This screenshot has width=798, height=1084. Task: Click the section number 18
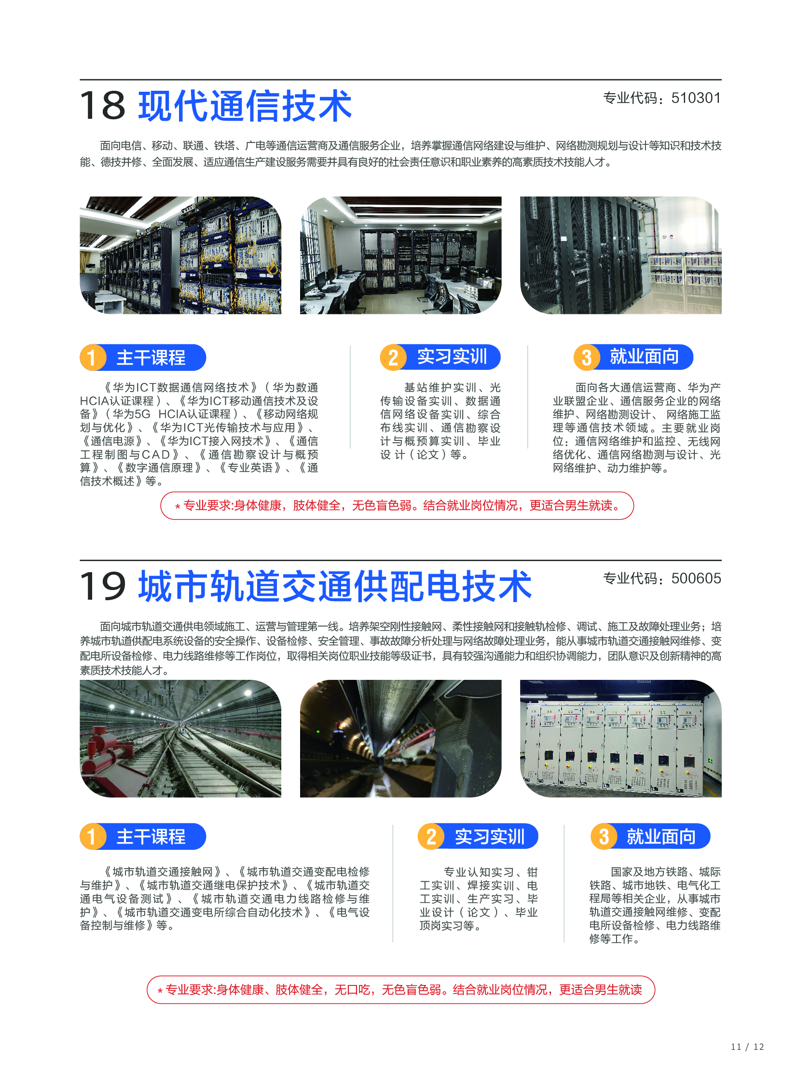click(102, 105)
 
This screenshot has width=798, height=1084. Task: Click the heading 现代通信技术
click(245, 105)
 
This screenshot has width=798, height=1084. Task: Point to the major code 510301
click(696, 98)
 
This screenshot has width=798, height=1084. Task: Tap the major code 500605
click(696, 578)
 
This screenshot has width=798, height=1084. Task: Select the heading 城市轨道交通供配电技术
click(335, 586)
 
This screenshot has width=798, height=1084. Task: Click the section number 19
click(102, 586)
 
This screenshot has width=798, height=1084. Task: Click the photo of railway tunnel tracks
click(180, 738)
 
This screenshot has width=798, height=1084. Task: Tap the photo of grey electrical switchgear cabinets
click(621, 738)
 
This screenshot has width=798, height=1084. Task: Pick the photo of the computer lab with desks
click(400, 255)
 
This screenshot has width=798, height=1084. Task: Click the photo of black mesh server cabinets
click(621, 255)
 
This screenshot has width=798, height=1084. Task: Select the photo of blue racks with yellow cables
click(180, 255)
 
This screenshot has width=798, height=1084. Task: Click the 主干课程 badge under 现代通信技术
click(143, 358)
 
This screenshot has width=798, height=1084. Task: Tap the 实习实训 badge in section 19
click(478, 836)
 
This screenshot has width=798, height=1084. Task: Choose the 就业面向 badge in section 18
click(633, 357)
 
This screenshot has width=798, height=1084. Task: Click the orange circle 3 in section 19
click(604, 836)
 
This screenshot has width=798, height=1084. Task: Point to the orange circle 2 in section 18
click(393, 358)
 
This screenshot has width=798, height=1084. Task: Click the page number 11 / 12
click(747, 1047)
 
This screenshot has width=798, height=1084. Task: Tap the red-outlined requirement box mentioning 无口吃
click(400, 990)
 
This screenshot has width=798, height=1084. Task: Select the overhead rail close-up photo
click(400, 738)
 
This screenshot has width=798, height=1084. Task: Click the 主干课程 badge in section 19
click(143, 836)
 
